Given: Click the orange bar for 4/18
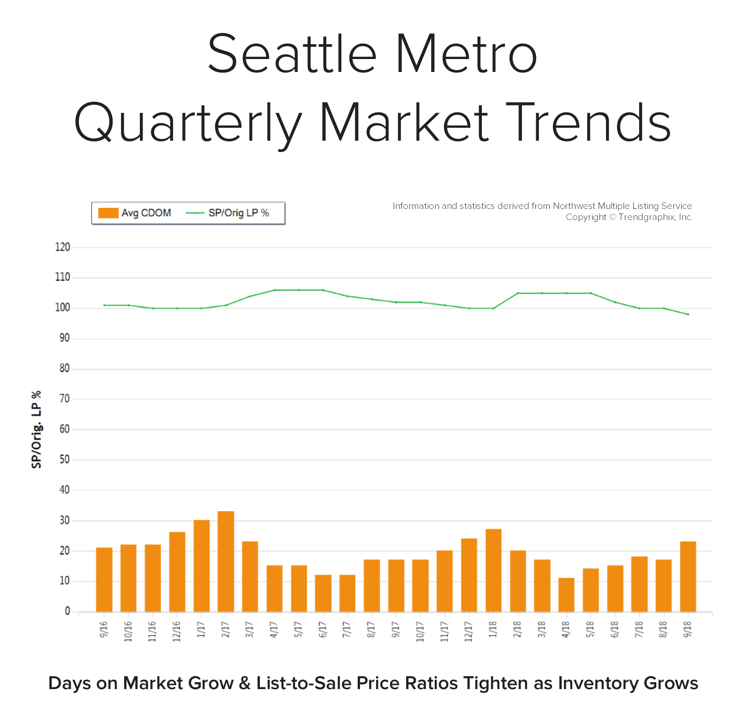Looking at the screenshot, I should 566,595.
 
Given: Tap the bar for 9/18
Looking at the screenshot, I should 688,576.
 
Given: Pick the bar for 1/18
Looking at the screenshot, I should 493,570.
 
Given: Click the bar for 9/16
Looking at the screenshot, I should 104,579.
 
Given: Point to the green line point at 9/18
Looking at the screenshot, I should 688,315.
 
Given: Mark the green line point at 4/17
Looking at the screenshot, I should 275,290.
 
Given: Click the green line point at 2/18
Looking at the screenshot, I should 518,293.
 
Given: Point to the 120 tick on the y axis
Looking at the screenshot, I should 63,247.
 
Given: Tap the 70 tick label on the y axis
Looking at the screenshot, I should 64,399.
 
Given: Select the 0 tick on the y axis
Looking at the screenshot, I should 67,611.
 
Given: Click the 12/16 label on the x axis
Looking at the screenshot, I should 176,631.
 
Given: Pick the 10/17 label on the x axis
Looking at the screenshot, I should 420,631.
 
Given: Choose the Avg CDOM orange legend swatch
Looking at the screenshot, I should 108,213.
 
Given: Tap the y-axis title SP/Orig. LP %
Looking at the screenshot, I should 36,429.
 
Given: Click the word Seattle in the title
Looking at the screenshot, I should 292,54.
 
